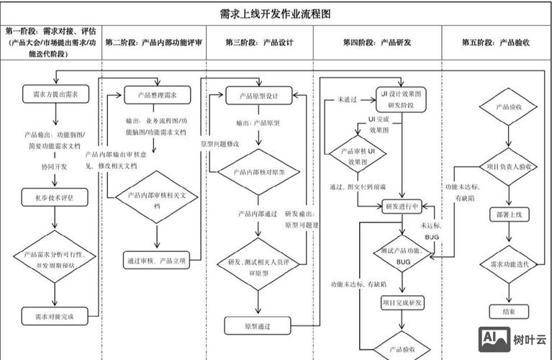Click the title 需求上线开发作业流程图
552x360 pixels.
click(276, 13)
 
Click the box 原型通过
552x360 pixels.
click(257, 326)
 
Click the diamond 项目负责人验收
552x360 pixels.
click(508, 166)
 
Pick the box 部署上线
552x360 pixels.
click(508, 215)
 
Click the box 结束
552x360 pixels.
click(508, 311)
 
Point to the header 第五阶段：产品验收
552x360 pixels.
click(495, 42)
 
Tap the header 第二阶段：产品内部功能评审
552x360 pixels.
click(154, 42)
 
